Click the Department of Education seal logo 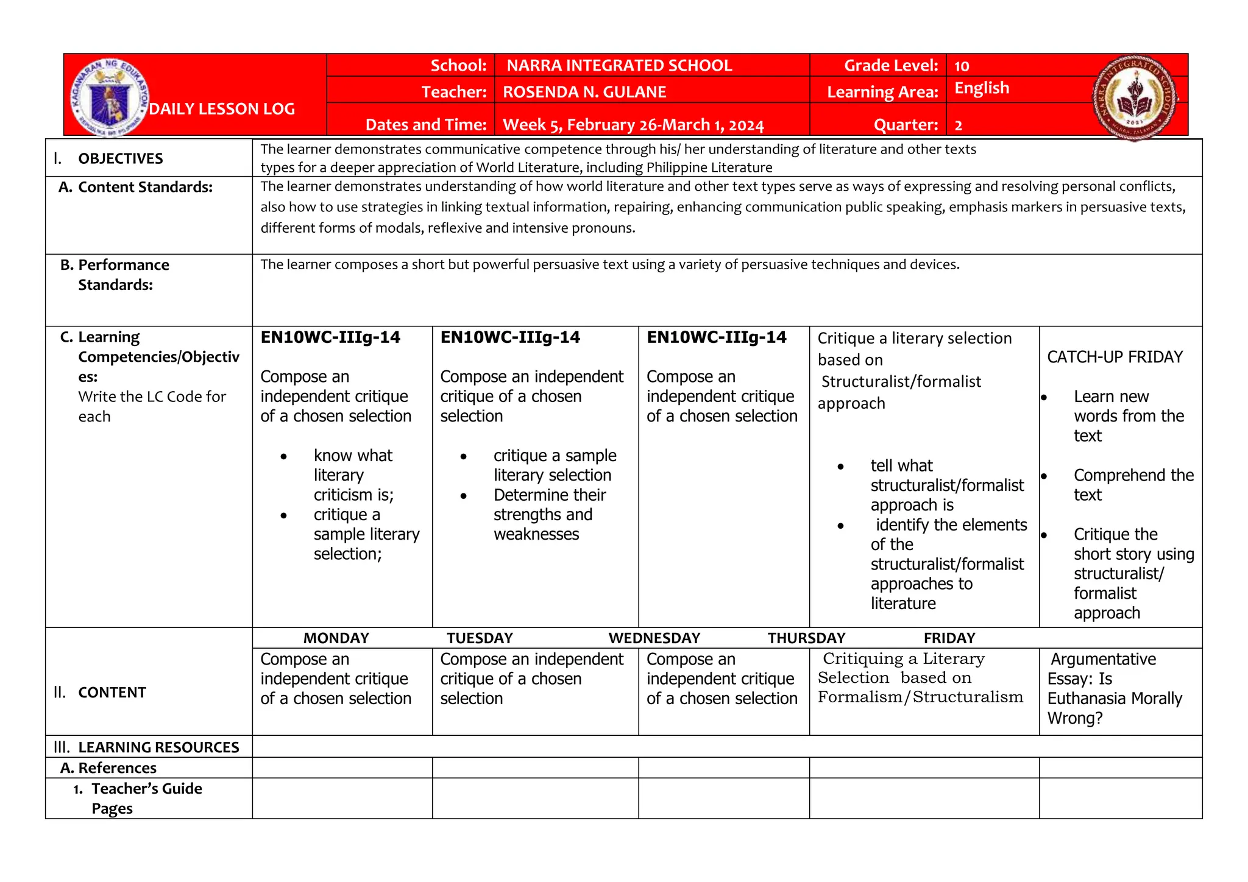(109, 97)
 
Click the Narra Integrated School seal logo (1135, 97)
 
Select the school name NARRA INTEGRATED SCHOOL (619, 66)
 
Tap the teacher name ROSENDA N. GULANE (584, 92)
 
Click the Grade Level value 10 (962, 66)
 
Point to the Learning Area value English (981, 88)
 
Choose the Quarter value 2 (959, 125)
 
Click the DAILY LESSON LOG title (222, 109)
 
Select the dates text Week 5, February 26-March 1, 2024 (633, 125)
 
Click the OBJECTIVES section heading (120, 158)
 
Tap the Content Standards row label (144, 187)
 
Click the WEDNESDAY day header (654, 638)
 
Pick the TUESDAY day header (480, 638)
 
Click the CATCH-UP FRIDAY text (1115, 357)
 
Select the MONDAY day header (336, 638)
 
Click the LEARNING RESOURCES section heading (158, 747)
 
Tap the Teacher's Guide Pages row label (146, 798)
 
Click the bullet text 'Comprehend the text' (1133, 484)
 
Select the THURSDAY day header (806, 638)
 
